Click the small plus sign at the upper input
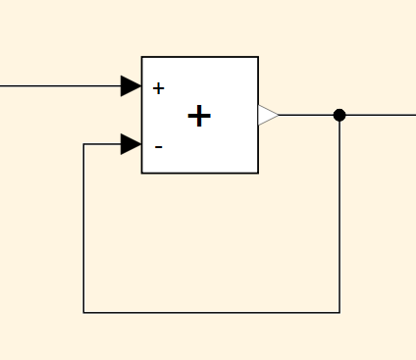[x=159, y=88]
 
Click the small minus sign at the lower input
[x=159, y=147]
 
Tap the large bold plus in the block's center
[x=199, y=116]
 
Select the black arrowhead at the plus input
[x=130, y=86]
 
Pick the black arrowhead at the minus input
[x=130, y=144]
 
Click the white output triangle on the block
[x=268, y=115]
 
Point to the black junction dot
[x=339, y=115]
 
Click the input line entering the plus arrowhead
[x=61, y=86]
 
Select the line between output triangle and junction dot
[x=306, y=115]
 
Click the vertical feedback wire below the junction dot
[x=339, y=217]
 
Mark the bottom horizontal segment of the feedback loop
[x=212, y=313]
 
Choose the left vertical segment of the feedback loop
[x=83, y=229]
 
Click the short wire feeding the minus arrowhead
[x=102, y=144]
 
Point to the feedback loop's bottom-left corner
[x=83, y=313]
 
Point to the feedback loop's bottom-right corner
[x=339, y=313]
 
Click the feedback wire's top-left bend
[x=83, y=144]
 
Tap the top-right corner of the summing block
[x=258, y=57]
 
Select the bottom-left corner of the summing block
[x=142, y=173]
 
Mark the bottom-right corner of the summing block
[x=258, y=173]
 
